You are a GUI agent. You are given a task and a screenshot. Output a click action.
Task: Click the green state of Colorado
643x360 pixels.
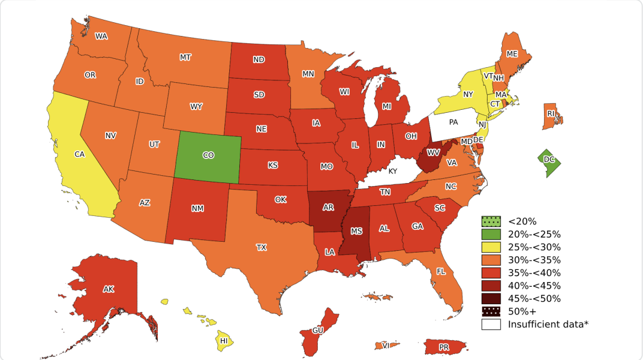pyautogui.click(x=208, y=156)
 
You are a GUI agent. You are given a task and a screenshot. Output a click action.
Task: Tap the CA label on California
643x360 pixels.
pyautogui.click(x=79, y=154)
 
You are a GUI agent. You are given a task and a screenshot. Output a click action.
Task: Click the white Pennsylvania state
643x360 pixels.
pyautogui.click(x=453, y=122)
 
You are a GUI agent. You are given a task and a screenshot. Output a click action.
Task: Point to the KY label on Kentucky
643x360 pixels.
pyautogui.click(x=393, y=171)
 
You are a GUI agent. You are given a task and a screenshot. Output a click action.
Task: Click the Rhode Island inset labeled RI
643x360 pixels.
pyautogui.click(x=550, y=113)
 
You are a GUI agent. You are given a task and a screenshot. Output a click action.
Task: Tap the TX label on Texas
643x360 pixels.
pyautogui.click(x=262, y=247)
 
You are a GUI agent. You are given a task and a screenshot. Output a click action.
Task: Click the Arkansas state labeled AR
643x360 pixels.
pyautogui.click(x=328, y=208)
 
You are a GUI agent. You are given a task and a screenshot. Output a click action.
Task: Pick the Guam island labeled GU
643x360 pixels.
pyautogui.click(x=317, y=331)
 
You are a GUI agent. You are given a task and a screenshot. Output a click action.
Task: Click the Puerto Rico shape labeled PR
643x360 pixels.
pyautogui.click(x=444, y=347)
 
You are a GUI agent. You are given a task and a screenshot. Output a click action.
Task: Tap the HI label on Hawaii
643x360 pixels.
pyautogui.click(x=224, y=341)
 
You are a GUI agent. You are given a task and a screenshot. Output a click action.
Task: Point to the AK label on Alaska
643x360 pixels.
pyautogui.click(x=108, y=289)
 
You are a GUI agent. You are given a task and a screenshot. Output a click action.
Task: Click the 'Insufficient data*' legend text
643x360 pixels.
pyautogui.click(x=548, y=324)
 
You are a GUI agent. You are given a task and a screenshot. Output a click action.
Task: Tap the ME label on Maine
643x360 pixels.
pyautogui.click(x=512, y=53)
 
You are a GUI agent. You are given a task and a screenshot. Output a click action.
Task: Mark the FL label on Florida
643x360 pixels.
pyautogui.click(x=441, y=271)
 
